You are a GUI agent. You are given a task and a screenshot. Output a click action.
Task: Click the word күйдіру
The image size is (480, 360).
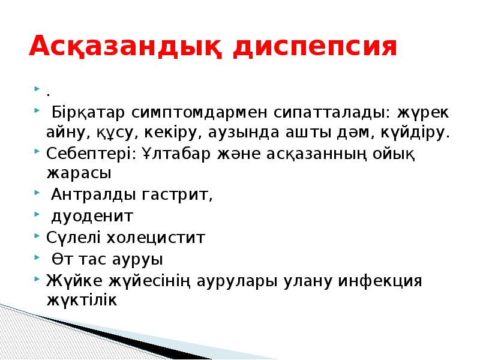tap(416, 132)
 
